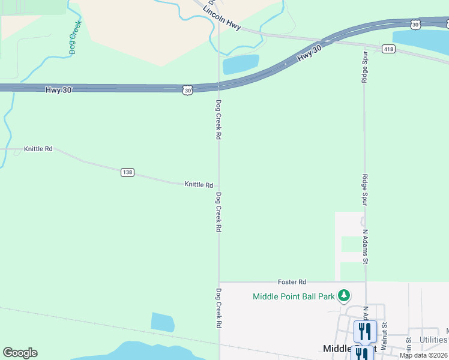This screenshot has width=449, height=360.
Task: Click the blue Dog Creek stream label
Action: [x=75, y=38]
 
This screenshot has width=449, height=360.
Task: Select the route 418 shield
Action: [x=388, y=49]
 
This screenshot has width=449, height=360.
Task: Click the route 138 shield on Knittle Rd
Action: [x=127, y=172]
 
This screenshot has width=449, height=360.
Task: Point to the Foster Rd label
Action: [x=292, y=281]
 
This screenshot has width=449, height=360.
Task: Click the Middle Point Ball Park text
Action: [x=294, y=296]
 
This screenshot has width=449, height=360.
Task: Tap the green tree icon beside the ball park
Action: [x=344, y=295]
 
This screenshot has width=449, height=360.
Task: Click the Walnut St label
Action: [x=385, y=332]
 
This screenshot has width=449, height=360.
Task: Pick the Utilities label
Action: [x=433, y=340]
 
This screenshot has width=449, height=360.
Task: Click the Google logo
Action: [x=20, y=353]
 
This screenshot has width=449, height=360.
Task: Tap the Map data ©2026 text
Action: [x=424, y=355]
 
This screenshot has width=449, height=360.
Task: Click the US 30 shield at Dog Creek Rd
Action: [x=188, y=90]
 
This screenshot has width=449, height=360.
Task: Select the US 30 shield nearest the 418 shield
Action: [x=415, y=24]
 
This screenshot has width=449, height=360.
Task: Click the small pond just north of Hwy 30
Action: [x=241, y=64]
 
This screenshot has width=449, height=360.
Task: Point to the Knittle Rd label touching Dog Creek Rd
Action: [x=199, y=185]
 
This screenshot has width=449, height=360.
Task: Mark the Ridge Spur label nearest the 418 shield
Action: [x=364, y=65]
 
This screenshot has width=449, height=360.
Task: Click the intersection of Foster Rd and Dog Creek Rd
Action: [x=218, y=281]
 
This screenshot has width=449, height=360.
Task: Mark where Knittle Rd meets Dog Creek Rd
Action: [x=218, y=187]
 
